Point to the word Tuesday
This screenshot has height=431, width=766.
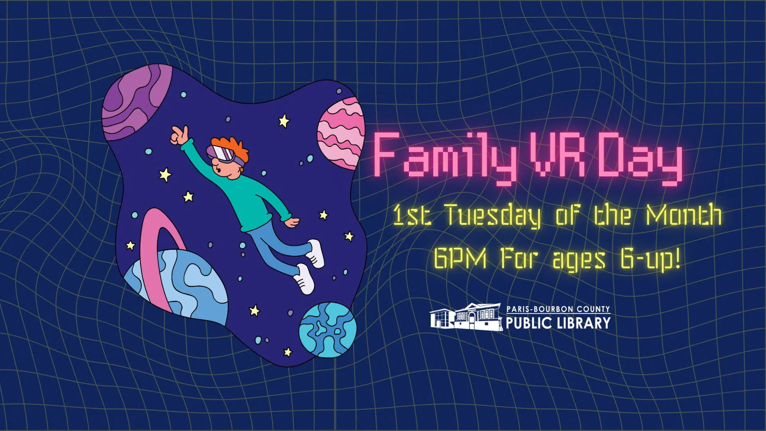pyautogui.click(x=493, y=216)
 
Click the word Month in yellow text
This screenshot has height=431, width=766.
pyautogui.click(x=684, y=215)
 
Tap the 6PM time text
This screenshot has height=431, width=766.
pyautogui.click(x=460, y=258)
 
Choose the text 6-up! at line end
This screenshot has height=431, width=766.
pyautogui.click(x=650, y=259)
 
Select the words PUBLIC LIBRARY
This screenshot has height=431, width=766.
pyautogui.click(x=558, y=323)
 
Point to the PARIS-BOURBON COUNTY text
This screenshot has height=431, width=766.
pyautogui.click(x=558, y=309)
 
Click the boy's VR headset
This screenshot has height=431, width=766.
pyautogui.click(x=225, y=155)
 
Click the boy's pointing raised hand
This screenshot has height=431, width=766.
pyautogui.click(x=180, y=136)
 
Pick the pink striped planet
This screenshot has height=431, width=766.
pyautogui.click(x=341, y=134)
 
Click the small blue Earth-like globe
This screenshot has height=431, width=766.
pyautogui.click(x=328, y=330)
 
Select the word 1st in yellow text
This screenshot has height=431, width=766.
pyautogui.click(x=412, y=215)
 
